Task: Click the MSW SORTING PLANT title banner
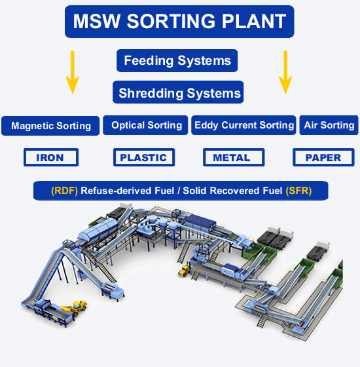(x=179, y=22)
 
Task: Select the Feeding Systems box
(x=177, y=61)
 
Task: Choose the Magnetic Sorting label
(x=51, y=126)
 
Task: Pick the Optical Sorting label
(x=147, y=125)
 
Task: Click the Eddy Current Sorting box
(x=243, y=125)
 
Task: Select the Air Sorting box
(x=329, y=125)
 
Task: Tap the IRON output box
(x=51, y=157)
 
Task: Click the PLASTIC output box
(x=144, y=157)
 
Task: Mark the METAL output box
(x=233, y=157)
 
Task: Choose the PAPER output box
(x=323, y=157)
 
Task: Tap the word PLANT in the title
(x=251, y=22)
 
